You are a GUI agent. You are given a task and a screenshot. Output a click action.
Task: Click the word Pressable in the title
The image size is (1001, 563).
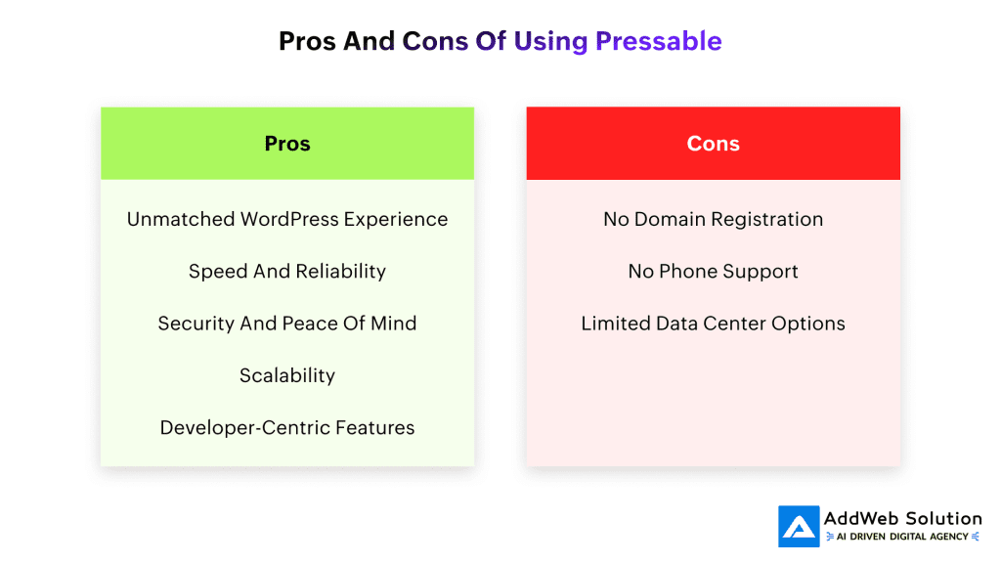click(658, 41)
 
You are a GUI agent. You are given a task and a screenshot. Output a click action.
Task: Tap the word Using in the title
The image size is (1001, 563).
click(550, 41)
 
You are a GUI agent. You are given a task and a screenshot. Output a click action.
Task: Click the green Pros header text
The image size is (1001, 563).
click(287, 144)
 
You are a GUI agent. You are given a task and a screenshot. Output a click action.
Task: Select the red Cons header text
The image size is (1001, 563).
click(713, 144)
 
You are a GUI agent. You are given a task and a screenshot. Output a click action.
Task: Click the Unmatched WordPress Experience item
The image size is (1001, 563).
click(287, 219)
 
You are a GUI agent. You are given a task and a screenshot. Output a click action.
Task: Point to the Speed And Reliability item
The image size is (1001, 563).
click(287, 272)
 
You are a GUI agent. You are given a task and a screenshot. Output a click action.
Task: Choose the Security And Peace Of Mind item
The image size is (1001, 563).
click(287, 323)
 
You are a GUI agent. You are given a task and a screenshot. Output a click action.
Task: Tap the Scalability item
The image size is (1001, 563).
click(287, 375)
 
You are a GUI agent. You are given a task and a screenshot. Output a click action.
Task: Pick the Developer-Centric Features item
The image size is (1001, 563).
click(287, 427)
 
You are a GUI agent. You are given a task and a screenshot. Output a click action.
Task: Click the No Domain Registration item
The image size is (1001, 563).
click(713, 219)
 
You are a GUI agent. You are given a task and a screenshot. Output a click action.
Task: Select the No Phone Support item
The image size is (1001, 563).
click(713, 272)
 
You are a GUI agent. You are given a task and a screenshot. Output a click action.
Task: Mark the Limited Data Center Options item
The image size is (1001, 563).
click(713, 323)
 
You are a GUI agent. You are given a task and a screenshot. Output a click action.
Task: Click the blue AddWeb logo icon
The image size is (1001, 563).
click(799, 527)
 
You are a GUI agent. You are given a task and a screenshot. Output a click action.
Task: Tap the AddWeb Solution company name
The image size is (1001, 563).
click(902, 518)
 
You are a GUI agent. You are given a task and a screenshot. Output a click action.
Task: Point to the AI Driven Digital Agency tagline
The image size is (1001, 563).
click(902, 537)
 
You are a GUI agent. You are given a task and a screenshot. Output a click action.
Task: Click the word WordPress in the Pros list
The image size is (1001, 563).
click(289, 219)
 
